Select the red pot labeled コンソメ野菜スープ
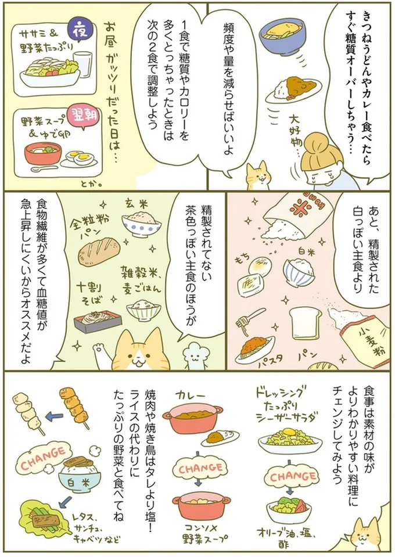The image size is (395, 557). click(200, 506)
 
